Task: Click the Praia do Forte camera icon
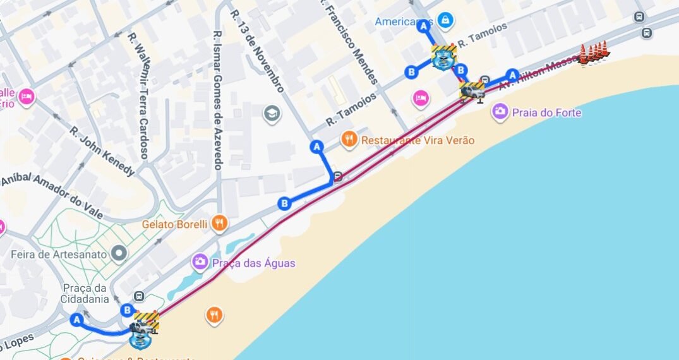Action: (x=500, y=112)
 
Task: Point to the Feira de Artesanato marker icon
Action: (x=119, y=254)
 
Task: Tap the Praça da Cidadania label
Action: (x=85, y=293)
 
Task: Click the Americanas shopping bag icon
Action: (x=446, y=21)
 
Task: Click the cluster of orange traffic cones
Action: (x=594, y=53)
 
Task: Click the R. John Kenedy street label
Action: (x=102, y=152)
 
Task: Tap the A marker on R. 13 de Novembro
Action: (x=317, y=147)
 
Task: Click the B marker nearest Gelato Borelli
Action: (x=285, y=203)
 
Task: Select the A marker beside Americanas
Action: (x=423, y=26)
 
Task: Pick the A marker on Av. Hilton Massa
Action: (x=513, y=74)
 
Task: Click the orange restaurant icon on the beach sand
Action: (x=215, y=315)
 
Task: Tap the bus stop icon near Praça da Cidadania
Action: (x=139, y=296)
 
